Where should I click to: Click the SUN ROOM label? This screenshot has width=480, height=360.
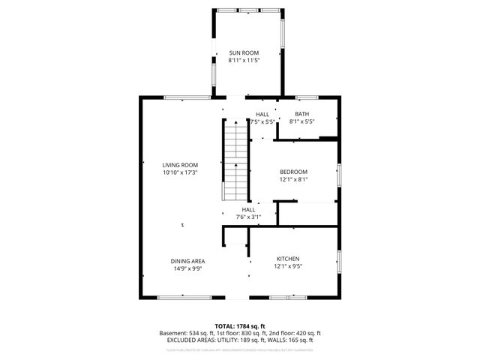(244, 52)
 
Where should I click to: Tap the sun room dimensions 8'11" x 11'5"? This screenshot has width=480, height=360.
(244, 59)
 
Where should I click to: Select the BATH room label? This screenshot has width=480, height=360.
(301, 114)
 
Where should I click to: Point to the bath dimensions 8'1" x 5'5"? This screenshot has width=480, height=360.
(301, 121)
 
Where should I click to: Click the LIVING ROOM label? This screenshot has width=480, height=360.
(180, 165)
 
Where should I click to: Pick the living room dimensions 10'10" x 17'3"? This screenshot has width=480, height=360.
(180, 172)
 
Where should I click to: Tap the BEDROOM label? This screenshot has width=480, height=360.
(293, 172)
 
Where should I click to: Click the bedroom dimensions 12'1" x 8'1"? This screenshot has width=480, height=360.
(293, 179)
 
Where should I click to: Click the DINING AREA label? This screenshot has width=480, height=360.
(187, 261)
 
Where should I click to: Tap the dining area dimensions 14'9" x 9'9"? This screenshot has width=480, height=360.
(187, 268)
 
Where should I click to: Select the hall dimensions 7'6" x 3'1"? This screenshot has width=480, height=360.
(249, 217)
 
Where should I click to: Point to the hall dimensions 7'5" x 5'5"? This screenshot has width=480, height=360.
(262, 121)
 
